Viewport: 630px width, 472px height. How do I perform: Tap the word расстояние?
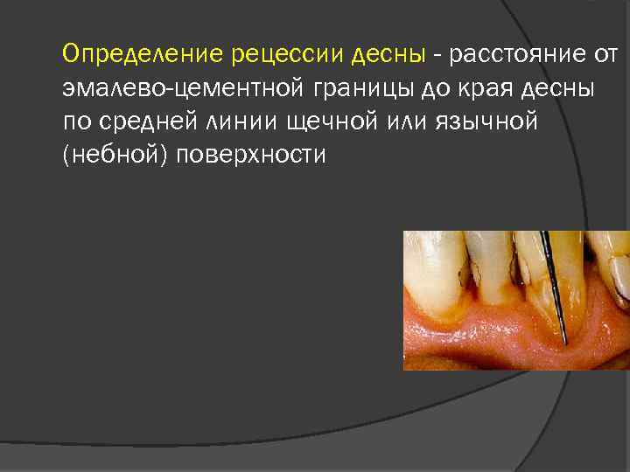[x=519, y=55]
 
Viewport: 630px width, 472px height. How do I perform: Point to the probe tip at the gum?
[x=565, y=340]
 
